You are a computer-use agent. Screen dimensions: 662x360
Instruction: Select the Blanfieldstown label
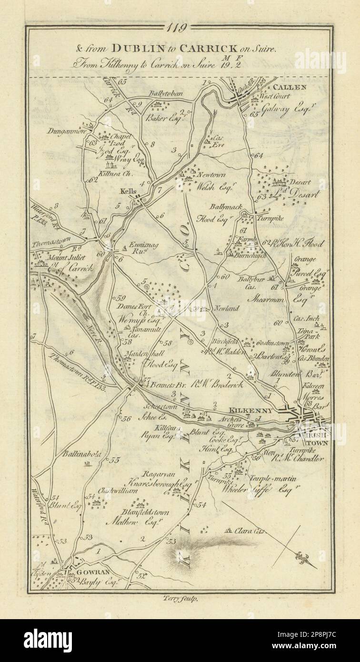click(x=144, y=512)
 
